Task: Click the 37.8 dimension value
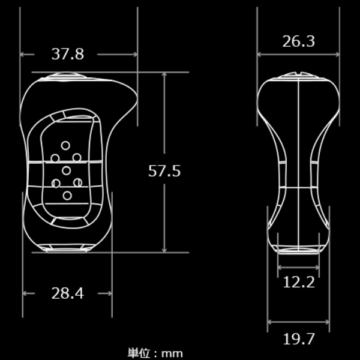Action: [x=68, y=54]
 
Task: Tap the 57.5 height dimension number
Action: [x=164, y=171]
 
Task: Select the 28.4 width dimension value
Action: [x=67, y=293]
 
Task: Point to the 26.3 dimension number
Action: [x=298, y=41]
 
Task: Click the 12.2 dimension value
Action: [x=298, y=282]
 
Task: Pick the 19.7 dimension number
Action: [x=298, y=339]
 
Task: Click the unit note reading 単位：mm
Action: [x=155, y=353]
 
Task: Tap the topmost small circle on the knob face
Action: [x=65, y=146]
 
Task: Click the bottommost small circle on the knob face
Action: [x=67, y=196]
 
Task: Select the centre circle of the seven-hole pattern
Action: [x=67, y=170]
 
